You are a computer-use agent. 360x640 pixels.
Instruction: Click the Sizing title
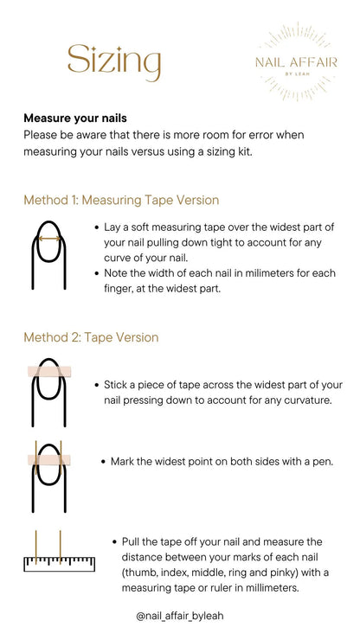point(114,62)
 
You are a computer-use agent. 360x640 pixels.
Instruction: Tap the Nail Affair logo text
point(296,62)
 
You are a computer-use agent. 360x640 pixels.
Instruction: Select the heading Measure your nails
point(75,118)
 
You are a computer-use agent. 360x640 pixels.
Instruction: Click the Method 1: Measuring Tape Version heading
point(121,200)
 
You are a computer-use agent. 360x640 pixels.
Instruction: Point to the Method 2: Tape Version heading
point(91,337)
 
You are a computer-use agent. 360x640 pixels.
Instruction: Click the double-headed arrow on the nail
point(49,239)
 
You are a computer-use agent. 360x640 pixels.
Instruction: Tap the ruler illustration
point(59,564)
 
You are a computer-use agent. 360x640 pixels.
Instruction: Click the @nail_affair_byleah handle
point(180,616)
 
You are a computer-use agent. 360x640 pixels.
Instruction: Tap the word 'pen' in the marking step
point(324,463)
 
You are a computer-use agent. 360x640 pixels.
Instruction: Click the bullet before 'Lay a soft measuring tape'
point(96,227)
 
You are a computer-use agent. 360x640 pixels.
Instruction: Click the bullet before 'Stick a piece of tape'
point(96,385)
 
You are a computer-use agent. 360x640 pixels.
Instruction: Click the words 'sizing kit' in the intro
point(229,152)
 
